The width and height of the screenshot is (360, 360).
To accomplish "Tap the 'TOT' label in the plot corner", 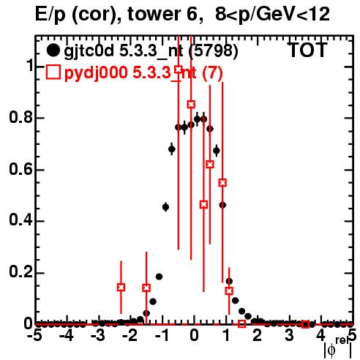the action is [x=307, y=50].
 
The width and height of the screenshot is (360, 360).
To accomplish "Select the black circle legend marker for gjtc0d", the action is [x=53, y=50].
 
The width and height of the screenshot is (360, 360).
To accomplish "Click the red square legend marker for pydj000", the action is [x=53, y=72].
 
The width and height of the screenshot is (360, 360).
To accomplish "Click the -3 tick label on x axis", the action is [x=99, y=336].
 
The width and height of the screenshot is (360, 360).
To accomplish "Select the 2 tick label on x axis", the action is [x=258, y=336].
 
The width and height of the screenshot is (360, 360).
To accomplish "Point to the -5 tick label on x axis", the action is [x=36, y=336].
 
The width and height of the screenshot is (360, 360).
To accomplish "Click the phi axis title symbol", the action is [x=331, y=350].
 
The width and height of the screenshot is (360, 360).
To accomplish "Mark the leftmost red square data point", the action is [x=121, y=288].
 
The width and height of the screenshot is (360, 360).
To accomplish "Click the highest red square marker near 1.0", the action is [x=179, y=70].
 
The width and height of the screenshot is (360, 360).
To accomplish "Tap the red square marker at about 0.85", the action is [x=191, y=105].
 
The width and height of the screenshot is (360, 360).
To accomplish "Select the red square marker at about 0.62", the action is [x=210, y=165].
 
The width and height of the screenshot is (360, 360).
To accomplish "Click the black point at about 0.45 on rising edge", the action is [x=165, y=207].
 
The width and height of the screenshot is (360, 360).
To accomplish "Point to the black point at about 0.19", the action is [x=159, y=277].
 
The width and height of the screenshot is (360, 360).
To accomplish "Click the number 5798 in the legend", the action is [x=214, y=50].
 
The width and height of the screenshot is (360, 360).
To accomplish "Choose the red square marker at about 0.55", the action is [x=222, y=183].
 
